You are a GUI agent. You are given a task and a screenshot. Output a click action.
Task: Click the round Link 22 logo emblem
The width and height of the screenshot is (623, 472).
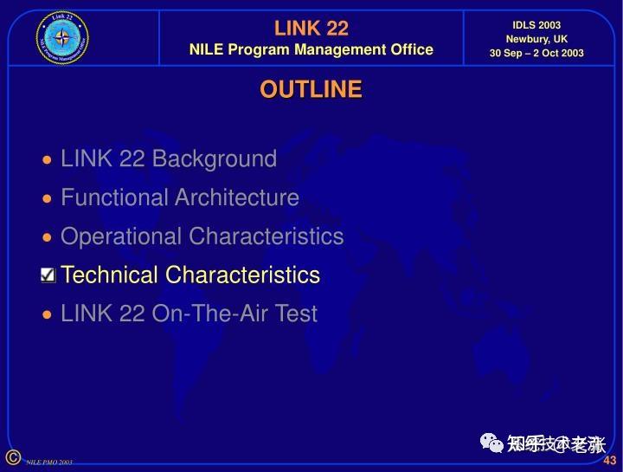tap(62, 37)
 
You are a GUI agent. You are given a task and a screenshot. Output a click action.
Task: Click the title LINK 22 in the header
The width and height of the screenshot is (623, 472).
tap(311, 29)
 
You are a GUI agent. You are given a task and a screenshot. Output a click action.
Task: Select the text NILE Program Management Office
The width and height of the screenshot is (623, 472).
tap(311, 49)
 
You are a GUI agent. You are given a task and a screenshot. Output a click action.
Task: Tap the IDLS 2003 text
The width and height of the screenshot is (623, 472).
tap(536, 25)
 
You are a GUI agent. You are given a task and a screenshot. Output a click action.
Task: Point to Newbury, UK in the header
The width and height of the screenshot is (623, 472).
tap(536, 39)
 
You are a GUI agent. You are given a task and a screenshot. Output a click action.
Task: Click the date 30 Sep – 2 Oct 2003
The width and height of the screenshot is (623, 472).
tap(536, 53)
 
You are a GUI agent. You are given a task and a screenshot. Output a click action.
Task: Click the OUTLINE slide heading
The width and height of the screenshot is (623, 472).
tap(311, 89)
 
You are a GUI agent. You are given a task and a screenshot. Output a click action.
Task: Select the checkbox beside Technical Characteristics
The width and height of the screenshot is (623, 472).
tap(48, 275)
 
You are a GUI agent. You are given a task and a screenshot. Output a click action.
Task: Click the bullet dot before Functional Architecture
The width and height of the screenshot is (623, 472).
tap(48, 199)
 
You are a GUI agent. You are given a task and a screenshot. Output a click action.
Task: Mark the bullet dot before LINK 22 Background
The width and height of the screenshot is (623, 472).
tap(48, 160)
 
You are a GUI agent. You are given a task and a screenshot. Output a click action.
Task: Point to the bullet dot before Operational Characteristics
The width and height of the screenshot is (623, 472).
tap(48, 237)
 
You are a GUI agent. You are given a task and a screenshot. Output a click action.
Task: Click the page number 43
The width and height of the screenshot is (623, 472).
tap(609, 460)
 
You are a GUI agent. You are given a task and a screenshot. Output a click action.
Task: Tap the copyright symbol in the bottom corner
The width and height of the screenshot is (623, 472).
tap(12, 457)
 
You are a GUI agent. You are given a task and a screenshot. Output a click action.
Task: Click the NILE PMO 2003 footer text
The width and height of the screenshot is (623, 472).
tap(48, 462)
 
